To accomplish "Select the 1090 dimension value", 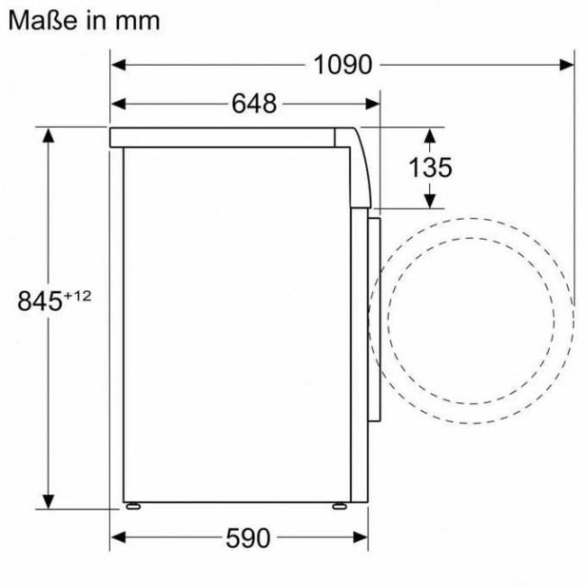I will pos(343,65).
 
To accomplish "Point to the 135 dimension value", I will pos(430,167).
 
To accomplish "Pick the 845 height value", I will pos(43,300).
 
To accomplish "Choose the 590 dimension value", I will pos(246,538).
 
